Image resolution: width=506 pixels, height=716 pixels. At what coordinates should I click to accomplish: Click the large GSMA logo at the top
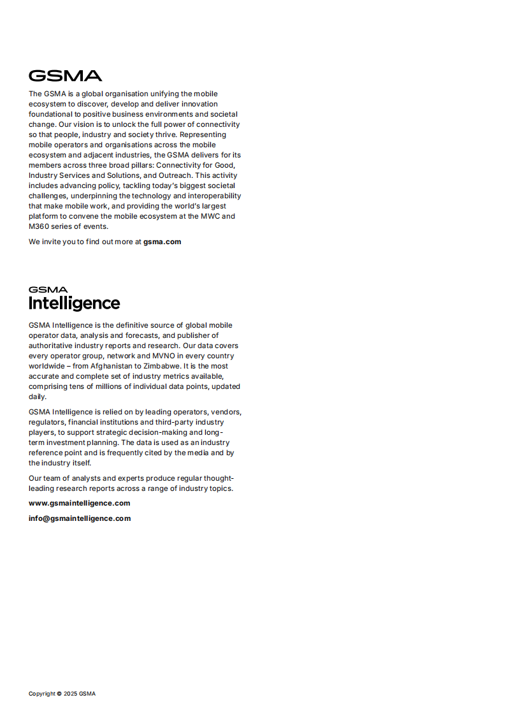65,75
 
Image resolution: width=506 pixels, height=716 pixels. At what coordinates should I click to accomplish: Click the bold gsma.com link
162,242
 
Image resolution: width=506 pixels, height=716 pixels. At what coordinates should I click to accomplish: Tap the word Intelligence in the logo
74,303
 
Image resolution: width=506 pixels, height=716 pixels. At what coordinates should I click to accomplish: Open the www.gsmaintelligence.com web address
79,503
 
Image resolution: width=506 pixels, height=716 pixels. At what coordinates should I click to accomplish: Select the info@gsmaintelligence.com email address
80,518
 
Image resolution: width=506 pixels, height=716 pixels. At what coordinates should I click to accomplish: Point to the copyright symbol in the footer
59,694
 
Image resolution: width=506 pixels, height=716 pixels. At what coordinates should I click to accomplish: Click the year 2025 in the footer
70,694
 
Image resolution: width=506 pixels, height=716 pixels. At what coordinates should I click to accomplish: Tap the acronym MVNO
165,356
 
